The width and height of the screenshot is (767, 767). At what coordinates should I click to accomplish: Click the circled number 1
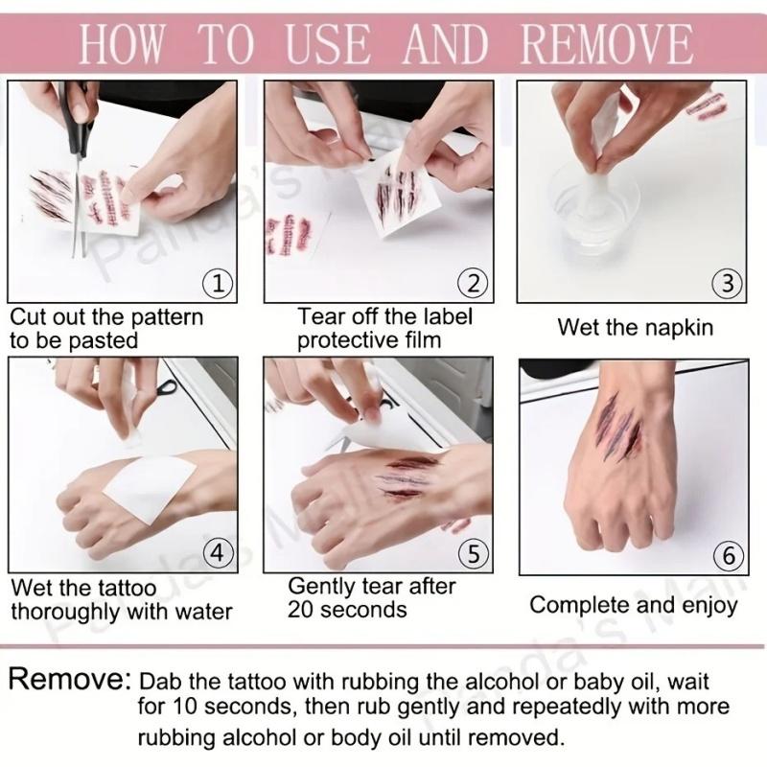220,283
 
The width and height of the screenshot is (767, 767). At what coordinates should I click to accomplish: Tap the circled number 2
472,283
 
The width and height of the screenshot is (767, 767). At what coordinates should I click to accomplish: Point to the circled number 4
220,553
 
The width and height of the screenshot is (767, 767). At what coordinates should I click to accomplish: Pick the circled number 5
472,553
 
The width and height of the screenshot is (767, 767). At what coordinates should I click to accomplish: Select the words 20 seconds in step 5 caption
347,609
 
